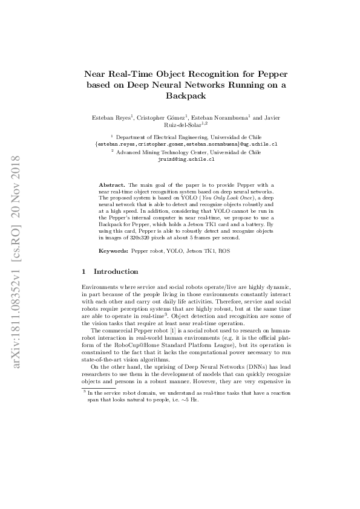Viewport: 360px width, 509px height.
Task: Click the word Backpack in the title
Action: tap(186, 96)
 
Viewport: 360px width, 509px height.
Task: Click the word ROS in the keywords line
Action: tap(224, 250)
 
